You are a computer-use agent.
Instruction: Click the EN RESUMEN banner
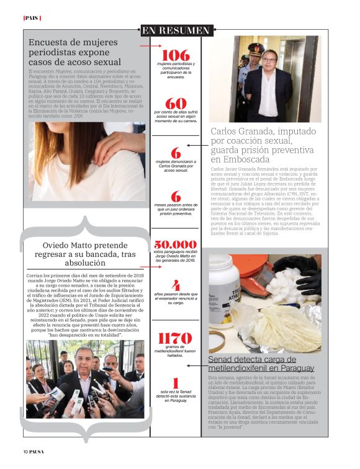point(176,30)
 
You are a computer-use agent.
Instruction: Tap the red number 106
point(176,55)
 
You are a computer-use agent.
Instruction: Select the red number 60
point(176,104)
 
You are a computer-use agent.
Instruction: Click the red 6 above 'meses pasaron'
point(176,197)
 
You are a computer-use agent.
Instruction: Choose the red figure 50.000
point(176,246)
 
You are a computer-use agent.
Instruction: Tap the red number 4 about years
point(176,286)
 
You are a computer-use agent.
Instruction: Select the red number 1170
point(176,339)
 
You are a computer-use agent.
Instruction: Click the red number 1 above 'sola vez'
point(176,383)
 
